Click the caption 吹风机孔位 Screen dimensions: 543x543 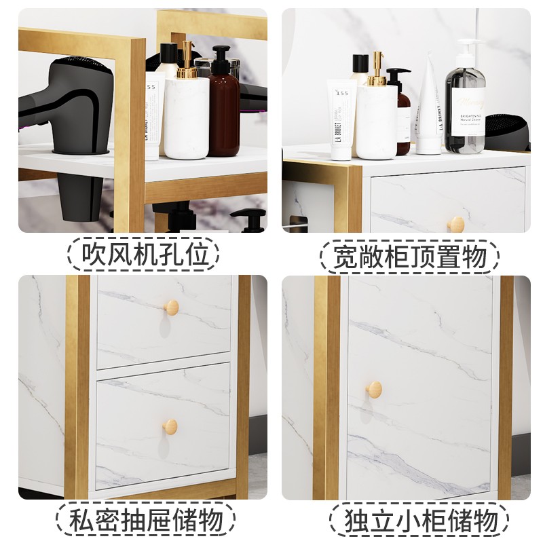point(145,256)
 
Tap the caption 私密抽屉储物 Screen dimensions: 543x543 point(145,521)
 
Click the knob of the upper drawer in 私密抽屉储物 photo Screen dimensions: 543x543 point(172,307)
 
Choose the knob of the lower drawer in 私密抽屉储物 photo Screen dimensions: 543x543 point(170,427)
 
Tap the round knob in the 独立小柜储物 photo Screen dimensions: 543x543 point(373,390)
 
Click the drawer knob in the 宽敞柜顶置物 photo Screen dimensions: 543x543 point(456,224)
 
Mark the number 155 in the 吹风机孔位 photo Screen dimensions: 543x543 point(153,86)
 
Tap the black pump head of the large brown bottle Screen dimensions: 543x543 point(221,55)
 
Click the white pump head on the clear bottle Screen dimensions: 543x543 point(468,49)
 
